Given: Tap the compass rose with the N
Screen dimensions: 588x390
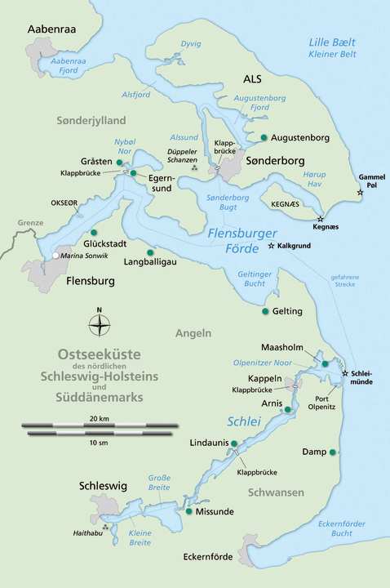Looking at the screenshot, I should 100,326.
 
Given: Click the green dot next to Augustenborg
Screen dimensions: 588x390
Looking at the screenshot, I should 264,137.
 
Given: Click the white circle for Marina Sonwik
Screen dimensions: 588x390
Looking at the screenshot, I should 55,256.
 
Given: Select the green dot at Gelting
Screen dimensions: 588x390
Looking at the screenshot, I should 264,311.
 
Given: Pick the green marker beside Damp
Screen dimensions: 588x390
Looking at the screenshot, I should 333,452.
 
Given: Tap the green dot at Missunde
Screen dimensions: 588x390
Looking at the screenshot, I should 189,511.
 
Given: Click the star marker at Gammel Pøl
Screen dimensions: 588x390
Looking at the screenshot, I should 360,194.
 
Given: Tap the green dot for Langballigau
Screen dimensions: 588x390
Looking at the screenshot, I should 149,252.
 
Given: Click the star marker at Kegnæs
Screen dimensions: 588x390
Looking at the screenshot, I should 320,219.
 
